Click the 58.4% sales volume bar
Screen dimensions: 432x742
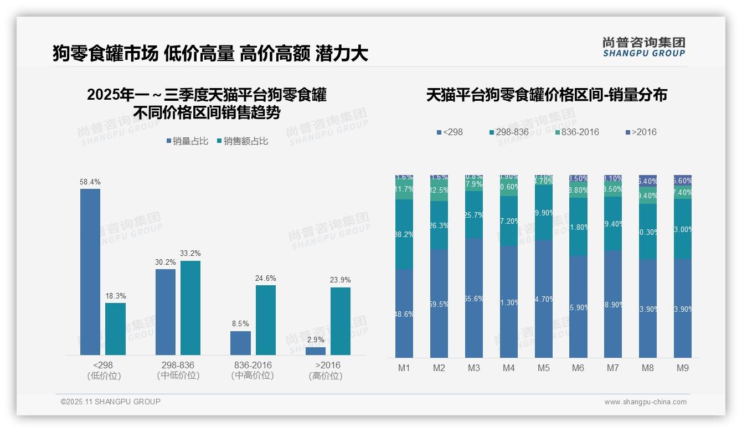coord(90,271)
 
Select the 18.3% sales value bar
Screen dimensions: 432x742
coord(115,328)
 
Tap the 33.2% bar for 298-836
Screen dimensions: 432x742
coord(190,307)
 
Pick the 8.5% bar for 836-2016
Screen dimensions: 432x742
coord(240,343)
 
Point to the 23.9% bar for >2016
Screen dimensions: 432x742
coord(341,321)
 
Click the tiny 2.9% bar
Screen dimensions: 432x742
coord(316,351)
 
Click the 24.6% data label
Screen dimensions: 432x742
coord(266,279)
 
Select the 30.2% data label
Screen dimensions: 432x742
coord(166,263)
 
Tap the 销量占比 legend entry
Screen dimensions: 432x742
coord(187,141)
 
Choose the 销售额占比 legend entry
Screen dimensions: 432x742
coord(243,141)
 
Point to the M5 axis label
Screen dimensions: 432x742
coord(543,368)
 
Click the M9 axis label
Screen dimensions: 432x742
coord(683,368)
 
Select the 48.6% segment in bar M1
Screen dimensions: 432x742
coord(404,313)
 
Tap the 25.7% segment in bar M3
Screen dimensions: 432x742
coord(474,214)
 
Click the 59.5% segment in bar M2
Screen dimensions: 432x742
coord(439,303)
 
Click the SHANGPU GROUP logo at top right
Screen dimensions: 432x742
coord(644,47)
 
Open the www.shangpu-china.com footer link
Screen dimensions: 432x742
coord(645,402)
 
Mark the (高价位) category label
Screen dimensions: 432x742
coord(326,376)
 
